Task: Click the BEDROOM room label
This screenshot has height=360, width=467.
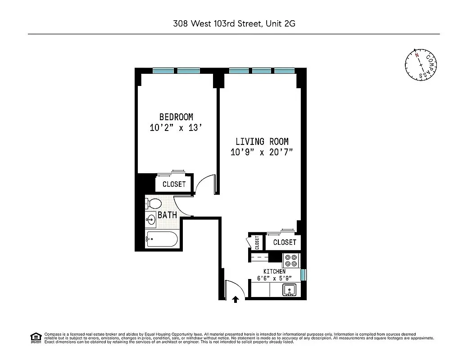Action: tap(176, 117)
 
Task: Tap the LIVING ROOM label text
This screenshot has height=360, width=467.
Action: tap(262, 142)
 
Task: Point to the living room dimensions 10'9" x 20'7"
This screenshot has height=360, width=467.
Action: tap(262, 152)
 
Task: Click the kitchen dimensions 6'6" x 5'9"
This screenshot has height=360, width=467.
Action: tap(275, 278)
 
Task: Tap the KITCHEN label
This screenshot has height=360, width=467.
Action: tap(274, 271)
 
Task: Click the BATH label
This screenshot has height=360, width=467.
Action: tap(167, 215)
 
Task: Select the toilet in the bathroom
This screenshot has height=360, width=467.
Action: tap(153, 203)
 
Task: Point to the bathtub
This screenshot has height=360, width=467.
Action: tap(162, 239)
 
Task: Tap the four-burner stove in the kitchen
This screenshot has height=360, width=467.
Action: tap(291, 261)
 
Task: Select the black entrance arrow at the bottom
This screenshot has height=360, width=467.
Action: tap(235, 299)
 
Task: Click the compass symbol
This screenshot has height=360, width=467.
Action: tap(421, 66)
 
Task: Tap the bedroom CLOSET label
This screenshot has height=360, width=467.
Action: tap(174, 184)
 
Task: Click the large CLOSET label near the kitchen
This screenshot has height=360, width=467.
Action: tap(285, 243)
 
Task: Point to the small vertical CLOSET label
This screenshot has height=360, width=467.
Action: tap(258, 243)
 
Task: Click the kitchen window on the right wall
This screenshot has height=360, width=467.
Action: tap(304, 274)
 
